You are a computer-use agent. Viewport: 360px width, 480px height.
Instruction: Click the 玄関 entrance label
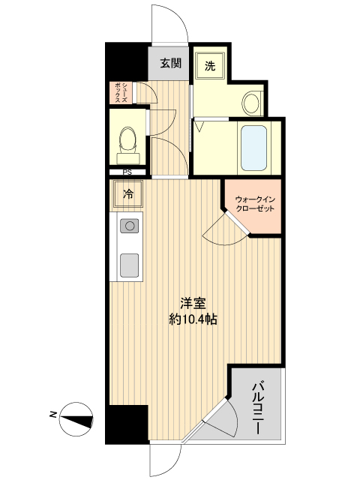tap(170, 63)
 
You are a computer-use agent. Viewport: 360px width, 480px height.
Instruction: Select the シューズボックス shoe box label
tap(121, 92)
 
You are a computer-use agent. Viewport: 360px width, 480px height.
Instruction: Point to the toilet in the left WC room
tap(128, 139)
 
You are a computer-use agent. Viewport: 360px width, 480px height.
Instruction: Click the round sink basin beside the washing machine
tap(253, 103)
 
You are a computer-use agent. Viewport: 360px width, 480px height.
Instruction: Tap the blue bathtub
tap(253, 147)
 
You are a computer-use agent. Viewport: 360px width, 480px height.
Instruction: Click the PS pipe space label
tap(128, 172)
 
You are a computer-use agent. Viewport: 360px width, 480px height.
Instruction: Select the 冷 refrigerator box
tap(128, 195)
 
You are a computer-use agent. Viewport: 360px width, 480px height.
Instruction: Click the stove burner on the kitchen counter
tap(130, 225)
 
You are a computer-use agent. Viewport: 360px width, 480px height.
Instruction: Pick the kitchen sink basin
tap(130, 264)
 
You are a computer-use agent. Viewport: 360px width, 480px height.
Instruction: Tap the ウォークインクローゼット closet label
tap(253, 203)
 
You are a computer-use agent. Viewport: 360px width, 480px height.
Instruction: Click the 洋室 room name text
tap(193, 305)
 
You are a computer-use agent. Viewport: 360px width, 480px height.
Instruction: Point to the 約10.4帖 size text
tap(193, 320)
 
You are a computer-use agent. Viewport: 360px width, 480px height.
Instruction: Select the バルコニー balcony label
tap(257, 406)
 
